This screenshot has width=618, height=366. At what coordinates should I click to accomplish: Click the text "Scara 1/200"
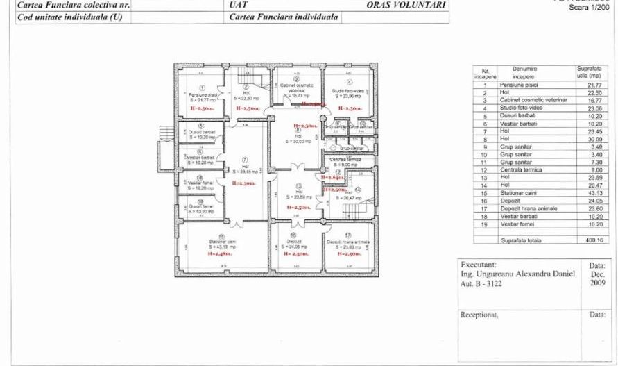coord(589,7)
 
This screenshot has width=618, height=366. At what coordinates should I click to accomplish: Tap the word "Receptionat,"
coord(480,315)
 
